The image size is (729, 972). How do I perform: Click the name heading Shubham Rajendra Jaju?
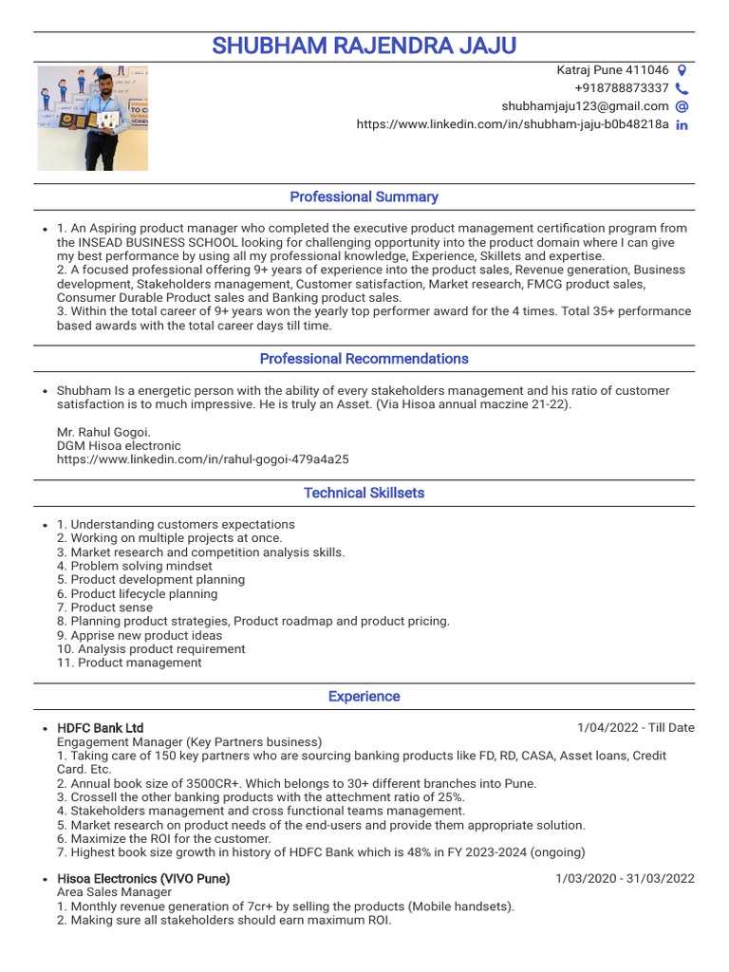pos(364,46)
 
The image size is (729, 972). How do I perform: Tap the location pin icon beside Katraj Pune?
pos(682,70)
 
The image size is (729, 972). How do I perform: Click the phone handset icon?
pos(682,88)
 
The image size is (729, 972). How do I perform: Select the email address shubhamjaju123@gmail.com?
pos(585,106)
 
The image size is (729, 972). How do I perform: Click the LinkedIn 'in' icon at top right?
pos(682,124)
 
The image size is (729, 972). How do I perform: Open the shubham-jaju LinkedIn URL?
pos(513,124)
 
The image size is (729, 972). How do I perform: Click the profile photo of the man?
pos(93,118)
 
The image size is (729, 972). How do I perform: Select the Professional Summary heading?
pos(364,196)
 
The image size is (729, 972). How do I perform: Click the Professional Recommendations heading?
pos(364,359)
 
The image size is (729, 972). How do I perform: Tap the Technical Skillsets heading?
pos(364,493)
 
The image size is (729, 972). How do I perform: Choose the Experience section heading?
pos(364,696)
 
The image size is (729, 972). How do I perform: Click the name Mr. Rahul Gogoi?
pos(103,432)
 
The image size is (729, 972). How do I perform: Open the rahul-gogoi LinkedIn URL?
pos(202,459)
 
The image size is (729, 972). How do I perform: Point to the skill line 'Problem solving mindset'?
pos(134,566)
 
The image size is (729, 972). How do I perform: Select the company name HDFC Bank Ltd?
pos(100,728)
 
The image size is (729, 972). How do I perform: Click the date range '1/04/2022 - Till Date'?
pos(635,728)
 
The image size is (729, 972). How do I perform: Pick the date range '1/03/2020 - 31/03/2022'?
pos(625,879)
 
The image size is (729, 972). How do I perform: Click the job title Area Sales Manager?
pos(115,892)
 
